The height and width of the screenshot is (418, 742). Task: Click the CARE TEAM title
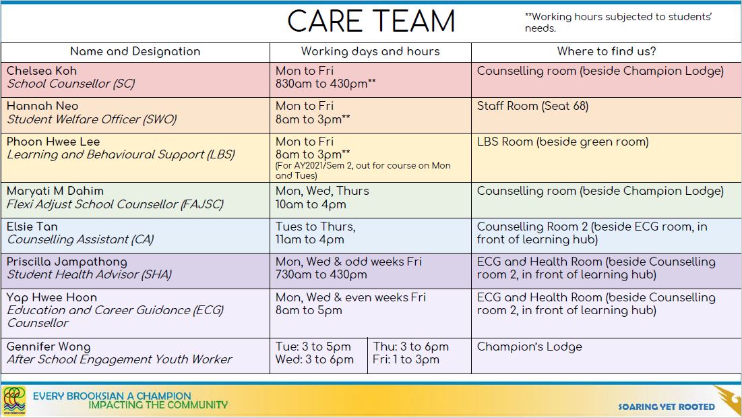tap(371, 22)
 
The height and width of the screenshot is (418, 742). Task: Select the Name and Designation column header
tap(135, 52)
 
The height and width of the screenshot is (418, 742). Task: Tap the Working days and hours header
tap(371, 52)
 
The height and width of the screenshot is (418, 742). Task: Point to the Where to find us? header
tap(607, 52)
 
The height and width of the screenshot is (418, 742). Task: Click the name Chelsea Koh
tap(42, 71)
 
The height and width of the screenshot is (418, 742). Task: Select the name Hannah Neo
tap(42, 106)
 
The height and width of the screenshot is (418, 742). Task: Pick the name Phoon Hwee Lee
tap(53, 142)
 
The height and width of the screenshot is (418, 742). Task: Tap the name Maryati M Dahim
tap(55, 191)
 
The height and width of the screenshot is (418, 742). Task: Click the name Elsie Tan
tap(32, 227)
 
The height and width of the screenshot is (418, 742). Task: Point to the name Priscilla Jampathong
tap(67, 262)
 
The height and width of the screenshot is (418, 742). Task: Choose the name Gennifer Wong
tap(49, 347)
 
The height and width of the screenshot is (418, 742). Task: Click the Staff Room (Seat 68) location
tap(533, 106)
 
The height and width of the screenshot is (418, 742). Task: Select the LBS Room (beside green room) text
tap(563, 142)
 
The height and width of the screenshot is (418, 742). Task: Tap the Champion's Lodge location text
tap(530, 347)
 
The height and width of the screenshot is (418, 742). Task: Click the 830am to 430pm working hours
tap(326, 84)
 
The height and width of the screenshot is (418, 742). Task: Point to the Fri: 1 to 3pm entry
tap(406, 360)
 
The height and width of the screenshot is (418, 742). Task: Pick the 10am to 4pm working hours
tap(311, 204)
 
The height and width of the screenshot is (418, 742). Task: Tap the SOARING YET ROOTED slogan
tap(667, 407)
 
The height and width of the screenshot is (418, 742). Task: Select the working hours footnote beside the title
tap(618, 22)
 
